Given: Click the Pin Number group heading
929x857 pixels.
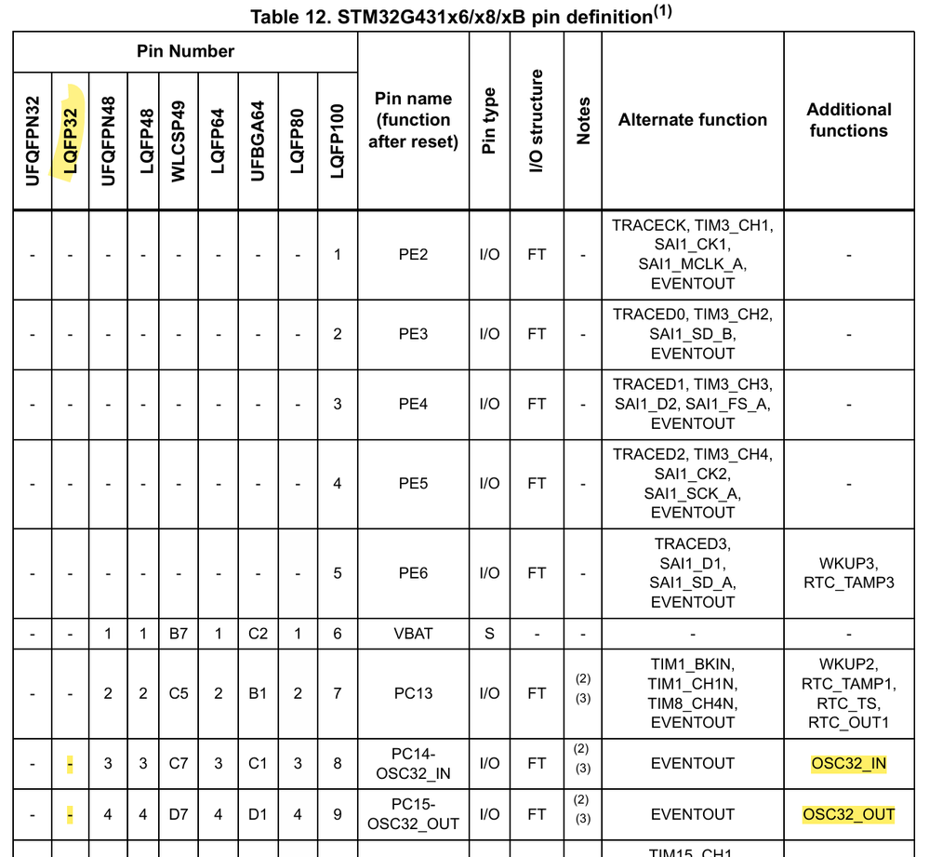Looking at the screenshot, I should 185,51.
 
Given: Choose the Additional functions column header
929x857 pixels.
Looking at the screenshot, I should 848,120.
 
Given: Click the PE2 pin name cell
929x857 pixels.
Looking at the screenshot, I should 412,254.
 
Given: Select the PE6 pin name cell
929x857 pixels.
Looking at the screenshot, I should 412,573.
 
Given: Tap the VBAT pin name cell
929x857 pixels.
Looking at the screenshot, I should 412,634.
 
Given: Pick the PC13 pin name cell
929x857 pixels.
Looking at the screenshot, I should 412,693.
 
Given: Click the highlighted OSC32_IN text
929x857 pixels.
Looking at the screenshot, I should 848,764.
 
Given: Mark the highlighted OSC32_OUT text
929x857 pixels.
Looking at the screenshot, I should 848,815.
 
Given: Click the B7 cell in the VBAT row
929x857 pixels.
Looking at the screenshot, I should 179,634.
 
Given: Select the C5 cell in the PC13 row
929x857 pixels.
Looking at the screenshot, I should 179,693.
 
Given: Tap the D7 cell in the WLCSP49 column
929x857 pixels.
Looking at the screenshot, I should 179,815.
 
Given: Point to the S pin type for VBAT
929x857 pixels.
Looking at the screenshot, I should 489,634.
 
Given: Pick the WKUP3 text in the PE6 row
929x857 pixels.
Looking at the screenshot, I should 848,564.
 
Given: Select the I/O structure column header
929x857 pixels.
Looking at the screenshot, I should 537,120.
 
